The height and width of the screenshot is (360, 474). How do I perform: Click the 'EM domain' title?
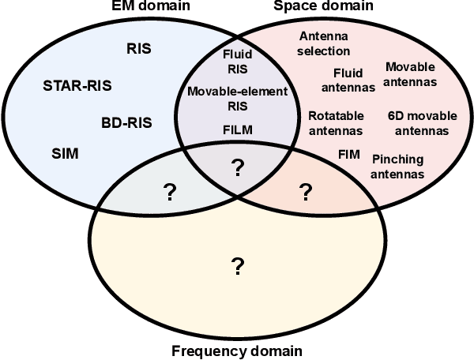pyautogui.click(x=144, y=7)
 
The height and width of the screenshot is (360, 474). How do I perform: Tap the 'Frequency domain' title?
pyautogui.click(x=236, y=351)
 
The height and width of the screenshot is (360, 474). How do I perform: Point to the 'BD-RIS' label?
pyautogui.click(x=126, y=122)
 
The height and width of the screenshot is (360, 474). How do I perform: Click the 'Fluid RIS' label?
pyautogui.click(x=237, y=61)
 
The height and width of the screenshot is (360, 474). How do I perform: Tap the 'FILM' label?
pyautogui.click(x=238, y=129)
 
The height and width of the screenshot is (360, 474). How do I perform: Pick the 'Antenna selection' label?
pyautogui.click(x=325, y=44)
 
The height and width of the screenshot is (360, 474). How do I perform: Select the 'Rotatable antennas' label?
pyautogui.click(x=335, y=123)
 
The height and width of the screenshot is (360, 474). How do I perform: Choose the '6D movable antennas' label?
pyautogui.click(x=422, y=123)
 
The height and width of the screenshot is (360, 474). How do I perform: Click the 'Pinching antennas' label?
pyautogui.click(x=397, y=166)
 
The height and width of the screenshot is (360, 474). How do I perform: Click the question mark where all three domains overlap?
pyautogui.click(x=237, y=167)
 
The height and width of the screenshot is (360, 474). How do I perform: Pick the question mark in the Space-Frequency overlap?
pyautogui.click(x=305, y=191)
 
